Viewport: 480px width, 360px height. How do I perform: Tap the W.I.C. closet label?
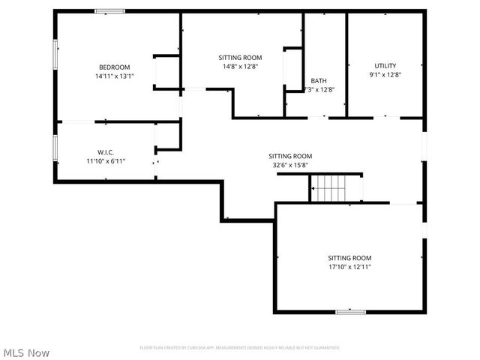[x=105, y=151]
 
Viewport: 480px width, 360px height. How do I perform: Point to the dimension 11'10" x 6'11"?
[x=105, y=160]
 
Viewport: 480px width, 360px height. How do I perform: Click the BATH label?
[x=319, y=80]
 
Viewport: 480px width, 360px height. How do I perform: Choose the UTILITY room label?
[x=385, y=66]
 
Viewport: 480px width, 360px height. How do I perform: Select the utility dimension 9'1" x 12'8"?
[x=385, y=75]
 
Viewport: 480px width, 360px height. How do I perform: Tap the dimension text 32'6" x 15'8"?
[x=289, y=165]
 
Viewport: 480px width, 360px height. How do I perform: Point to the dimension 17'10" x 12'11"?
[x=349, y=266]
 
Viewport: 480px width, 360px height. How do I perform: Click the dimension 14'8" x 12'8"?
[x=240, y=67]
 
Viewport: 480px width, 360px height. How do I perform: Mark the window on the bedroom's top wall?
[x=110, y=11]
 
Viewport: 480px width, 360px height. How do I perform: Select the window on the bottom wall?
[x=350, y=311]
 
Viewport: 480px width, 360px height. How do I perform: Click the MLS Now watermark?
[x=26, y=352]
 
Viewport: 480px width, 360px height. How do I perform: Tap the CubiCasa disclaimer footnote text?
[x=240, y=347]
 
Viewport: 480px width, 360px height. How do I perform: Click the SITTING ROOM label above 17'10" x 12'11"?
[x=349, y=257]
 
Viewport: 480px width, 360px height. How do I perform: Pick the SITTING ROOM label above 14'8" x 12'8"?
[x=240, y=58]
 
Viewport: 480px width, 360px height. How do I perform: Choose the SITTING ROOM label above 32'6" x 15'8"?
[x=290, y=156]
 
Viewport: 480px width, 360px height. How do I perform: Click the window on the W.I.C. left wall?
[x=55, y=147]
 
